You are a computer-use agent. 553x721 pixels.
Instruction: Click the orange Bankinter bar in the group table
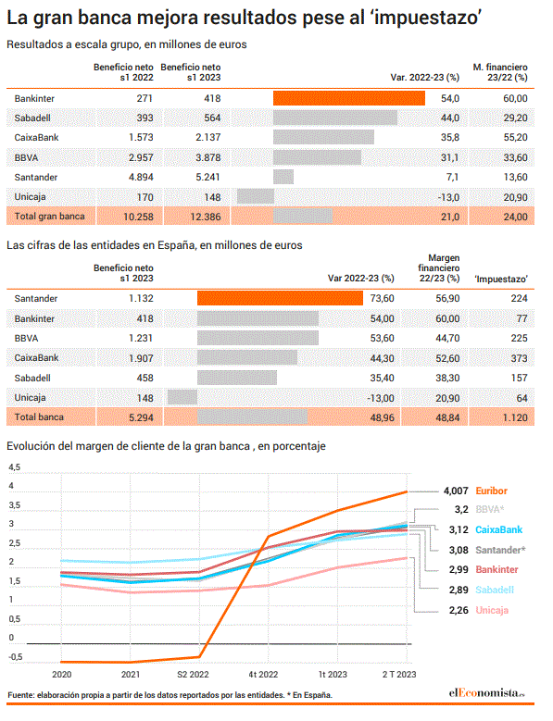click(x=348, y=98)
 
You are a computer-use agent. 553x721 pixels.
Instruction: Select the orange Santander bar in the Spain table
click(x=280, y=298)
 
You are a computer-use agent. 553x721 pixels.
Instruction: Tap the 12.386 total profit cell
click(x=206, y=217)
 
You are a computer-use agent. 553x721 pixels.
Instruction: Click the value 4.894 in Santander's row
click(x=141, y=177)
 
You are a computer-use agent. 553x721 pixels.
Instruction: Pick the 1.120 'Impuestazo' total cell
click(x=515, y=417)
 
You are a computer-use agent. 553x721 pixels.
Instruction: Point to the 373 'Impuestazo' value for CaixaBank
click(x=519, y=358)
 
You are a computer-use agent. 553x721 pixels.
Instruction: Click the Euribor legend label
click(x=491, y=491)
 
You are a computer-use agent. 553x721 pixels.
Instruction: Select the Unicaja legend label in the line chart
click(x=492, y=610)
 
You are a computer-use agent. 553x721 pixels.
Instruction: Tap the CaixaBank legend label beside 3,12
click(x=498, y=529)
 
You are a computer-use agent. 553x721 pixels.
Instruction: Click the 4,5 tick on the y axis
click(x=14, y=467)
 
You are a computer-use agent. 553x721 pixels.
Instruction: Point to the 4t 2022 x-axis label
click(x=263, y=674)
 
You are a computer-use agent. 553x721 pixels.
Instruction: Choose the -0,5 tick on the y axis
click(x=15, y=656)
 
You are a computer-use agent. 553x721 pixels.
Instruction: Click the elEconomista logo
click(x=486, y=692)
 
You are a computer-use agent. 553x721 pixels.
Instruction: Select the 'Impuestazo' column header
click(x=501, y=279)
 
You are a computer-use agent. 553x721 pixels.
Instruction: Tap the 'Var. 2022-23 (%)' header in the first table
click(x=424, y=77)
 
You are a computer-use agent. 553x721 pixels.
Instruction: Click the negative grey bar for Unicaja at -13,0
click(x=256, y=197)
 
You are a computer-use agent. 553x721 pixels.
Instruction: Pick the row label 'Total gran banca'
click(x=50, y=217)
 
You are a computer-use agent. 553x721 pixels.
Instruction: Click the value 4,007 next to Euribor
click(x=456, y=491)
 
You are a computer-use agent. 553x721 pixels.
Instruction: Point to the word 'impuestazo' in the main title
click(x=425, y=18)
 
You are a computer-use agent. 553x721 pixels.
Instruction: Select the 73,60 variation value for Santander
click(x=382, y=298)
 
